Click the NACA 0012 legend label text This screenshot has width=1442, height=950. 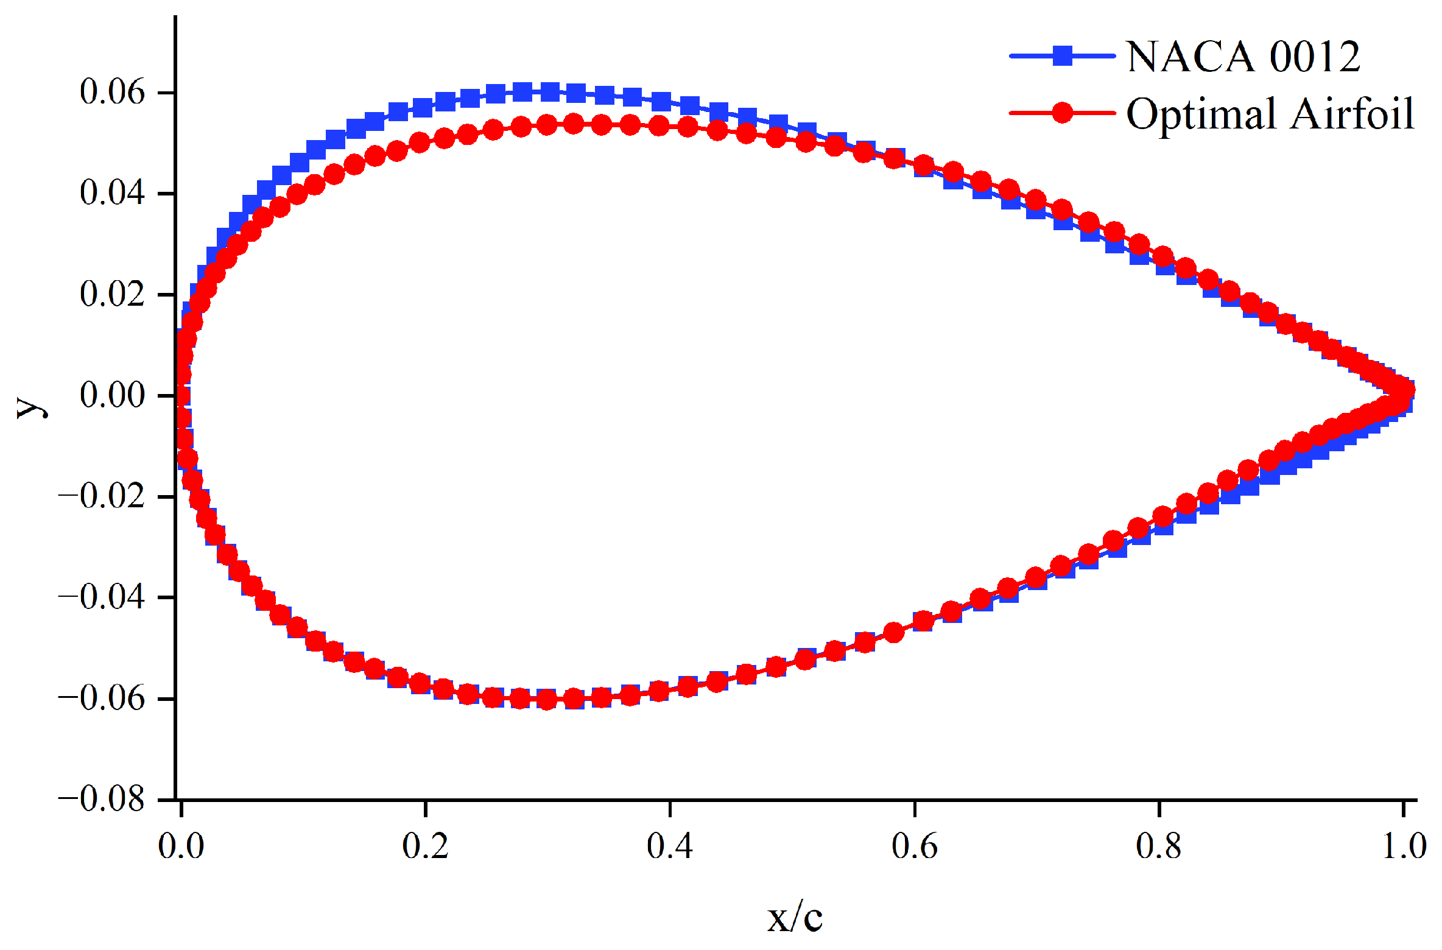point(1242,57)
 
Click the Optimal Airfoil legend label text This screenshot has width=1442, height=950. point(1270,114)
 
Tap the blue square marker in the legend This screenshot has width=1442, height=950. point(1062,56)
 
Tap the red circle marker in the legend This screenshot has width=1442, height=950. point(1062,113)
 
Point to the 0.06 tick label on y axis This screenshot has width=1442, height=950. point(112,92)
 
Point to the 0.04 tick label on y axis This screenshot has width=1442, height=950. point(112,193)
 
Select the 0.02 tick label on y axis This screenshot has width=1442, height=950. point(112,294)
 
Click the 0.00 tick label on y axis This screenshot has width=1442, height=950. point(112,395)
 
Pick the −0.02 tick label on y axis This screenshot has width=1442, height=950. point(102,496)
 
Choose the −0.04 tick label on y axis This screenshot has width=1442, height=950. point(102,597)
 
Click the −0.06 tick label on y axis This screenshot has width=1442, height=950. point(102,698)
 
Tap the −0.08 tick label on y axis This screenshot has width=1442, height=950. point(102,799)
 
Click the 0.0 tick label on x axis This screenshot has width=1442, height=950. point(181,846)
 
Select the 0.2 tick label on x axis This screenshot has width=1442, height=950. point(425,846)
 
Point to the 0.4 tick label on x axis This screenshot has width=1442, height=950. point(670,846)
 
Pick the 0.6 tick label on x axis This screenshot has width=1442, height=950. point(915,846)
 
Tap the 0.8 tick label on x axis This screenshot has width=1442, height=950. point(1159,846)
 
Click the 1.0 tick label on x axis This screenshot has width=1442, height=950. point(1404,846)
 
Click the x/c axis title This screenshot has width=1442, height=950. point(795,918)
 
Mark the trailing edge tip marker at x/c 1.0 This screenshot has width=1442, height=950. point(1404,390)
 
